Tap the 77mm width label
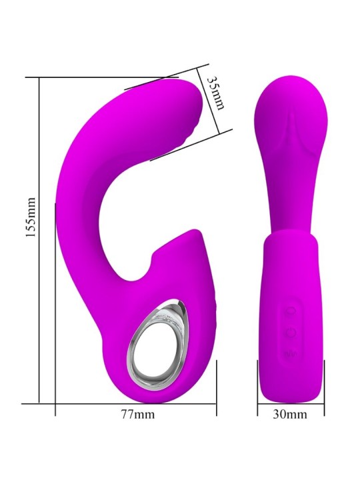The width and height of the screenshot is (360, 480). click(137, 415)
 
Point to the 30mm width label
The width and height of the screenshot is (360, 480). click(291, 415)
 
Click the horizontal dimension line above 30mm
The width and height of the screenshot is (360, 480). click(291, 403)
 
